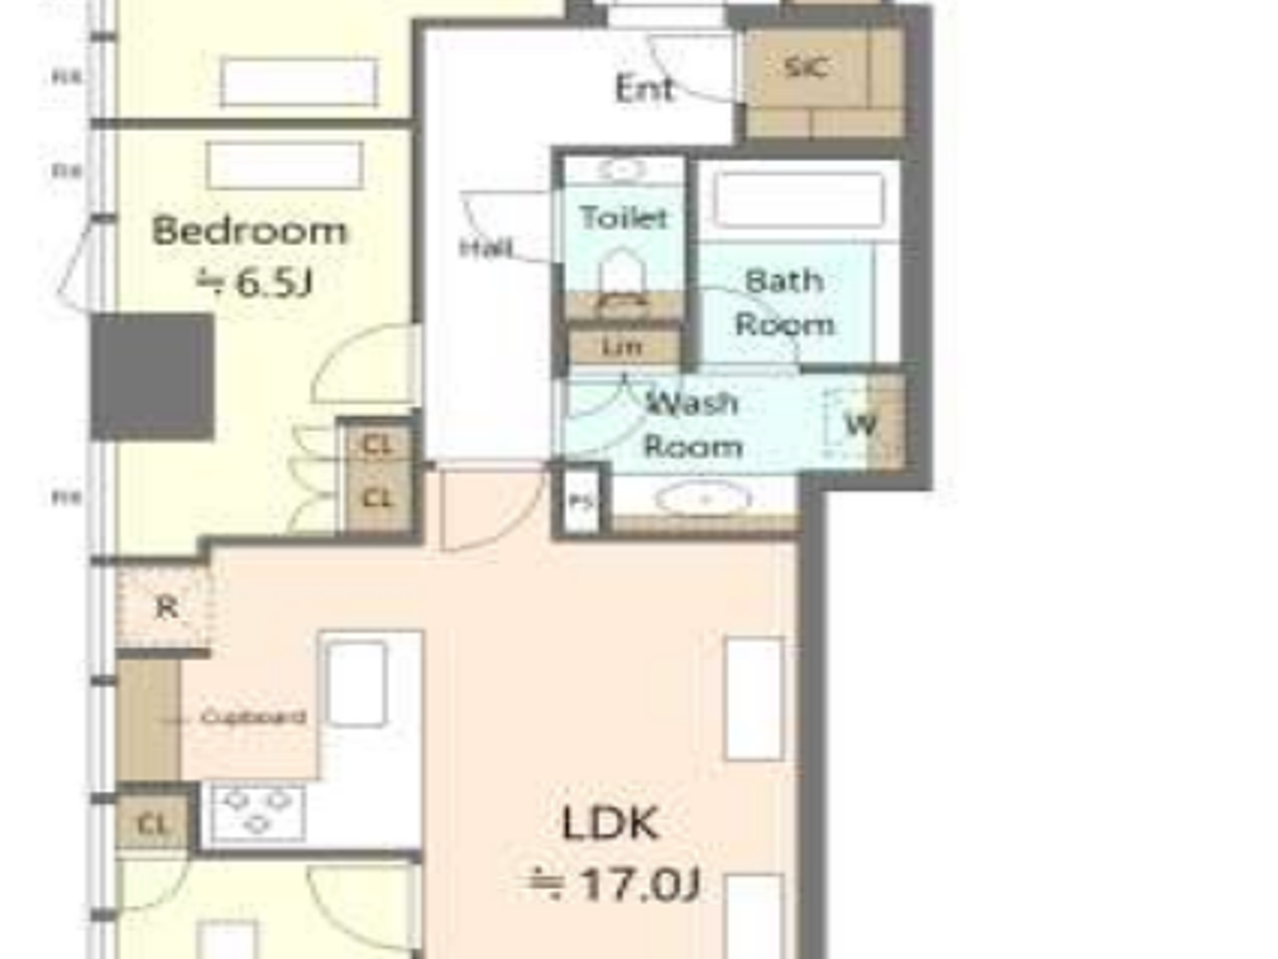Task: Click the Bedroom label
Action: [249, 230]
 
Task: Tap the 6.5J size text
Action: [256, 282]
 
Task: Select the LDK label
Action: [609, 823]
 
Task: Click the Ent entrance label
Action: [644, 89]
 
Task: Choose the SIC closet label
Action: [806, 67]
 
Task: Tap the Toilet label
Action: [623, 217]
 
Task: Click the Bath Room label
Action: [785, 301]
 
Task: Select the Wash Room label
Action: [692, 424]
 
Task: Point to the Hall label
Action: [487, 248]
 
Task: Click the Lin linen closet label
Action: [623, 347]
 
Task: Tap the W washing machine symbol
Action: [860, 424]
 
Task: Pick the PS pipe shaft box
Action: [581, 501]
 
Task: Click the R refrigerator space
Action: [166, 607]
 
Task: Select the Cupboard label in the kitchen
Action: [252, 717]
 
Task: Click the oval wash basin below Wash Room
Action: [704, 500]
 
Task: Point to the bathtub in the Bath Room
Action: [799, 200]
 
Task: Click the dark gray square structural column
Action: [152, 376]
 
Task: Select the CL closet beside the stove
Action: [152, 825]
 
